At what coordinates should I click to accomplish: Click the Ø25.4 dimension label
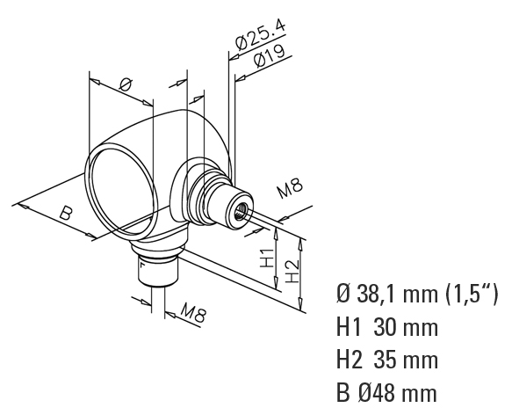coord(260,35)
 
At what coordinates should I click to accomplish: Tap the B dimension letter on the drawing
coord(66,214)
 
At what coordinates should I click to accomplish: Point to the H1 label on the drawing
coord(267,258)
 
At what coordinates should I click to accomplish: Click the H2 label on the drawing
coord(292,271)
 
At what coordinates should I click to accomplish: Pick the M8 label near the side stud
coord(290,188)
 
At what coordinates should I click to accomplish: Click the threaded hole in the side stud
coord(240,213)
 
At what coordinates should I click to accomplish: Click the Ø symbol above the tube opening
coord(126,85)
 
